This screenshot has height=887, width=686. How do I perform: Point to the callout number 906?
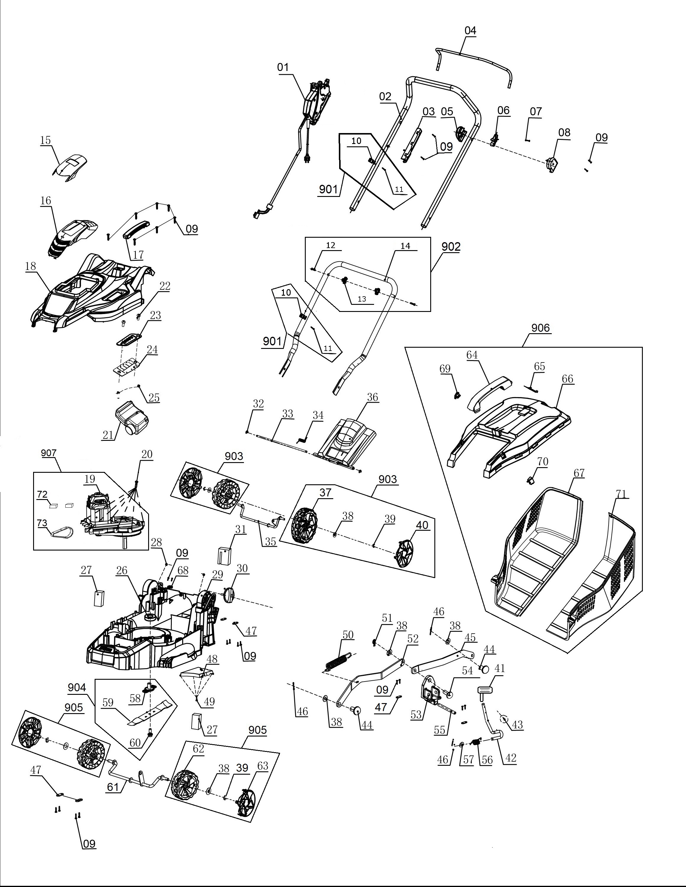541,328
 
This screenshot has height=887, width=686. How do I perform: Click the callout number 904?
77,687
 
